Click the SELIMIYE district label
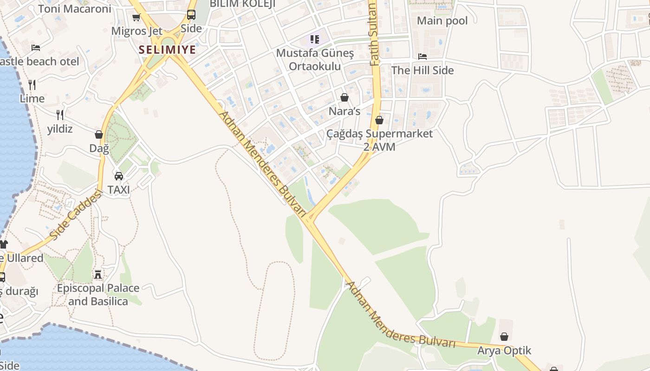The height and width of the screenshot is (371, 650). [x=168, y=50]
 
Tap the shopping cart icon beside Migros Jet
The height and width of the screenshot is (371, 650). [x=136, y=18]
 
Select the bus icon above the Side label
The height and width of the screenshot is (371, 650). [x=191, y=15]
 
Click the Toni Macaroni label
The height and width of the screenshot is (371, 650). [x=74, y=9]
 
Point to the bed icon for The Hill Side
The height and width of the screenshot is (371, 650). [x=422, y=57]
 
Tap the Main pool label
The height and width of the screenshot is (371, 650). [x=442, y=20]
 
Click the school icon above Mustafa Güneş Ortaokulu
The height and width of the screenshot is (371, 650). [x=315, y=39]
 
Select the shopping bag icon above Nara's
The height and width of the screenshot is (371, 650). [x=344, y=97]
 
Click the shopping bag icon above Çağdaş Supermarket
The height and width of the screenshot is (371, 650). [x=379, y=120]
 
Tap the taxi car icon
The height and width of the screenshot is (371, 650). [x=119, y=176]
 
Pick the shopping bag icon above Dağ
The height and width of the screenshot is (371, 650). [x=98, y=134]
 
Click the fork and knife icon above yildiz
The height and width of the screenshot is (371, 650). [x=60, y=115]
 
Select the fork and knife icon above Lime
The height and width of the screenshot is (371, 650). [x=32, y=84]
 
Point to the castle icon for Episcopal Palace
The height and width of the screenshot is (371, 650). [x=98, y=275]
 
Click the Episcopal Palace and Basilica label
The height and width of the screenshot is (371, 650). [x=98, y=294]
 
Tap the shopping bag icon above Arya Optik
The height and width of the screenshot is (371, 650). [x=504, y=337]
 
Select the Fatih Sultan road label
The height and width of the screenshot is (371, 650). [x=374, y=35]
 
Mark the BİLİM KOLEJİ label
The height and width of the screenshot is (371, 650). [x=242, y=4]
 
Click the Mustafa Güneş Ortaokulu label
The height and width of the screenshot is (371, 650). [x=315, y=60]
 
